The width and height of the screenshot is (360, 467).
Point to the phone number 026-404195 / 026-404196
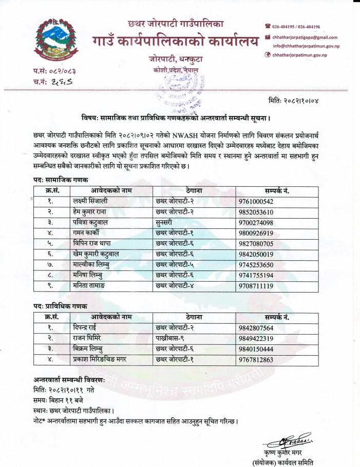click(296, 27)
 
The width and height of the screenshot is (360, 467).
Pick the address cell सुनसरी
click(165, 222)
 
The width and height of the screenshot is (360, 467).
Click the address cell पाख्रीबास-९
click(173, 338)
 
